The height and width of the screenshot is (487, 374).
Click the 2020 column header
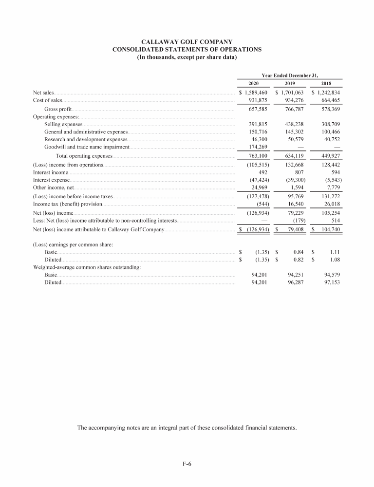tap(253, 83)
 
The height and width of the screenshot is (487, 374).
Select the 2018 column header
tap(327, 83)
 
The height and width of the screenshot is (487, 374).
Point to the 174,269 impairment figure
tap(255, 147)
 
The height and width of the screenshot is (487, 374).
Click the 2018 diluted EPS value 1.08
tap(334, 260)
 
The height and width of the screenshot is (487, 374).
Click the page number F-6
tap(187, 464)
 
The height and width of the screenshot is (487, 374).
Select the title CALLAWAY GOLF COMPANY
tap(187, 42)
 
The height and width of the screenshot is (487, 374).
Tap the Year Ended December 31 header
tap(290, 75)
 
